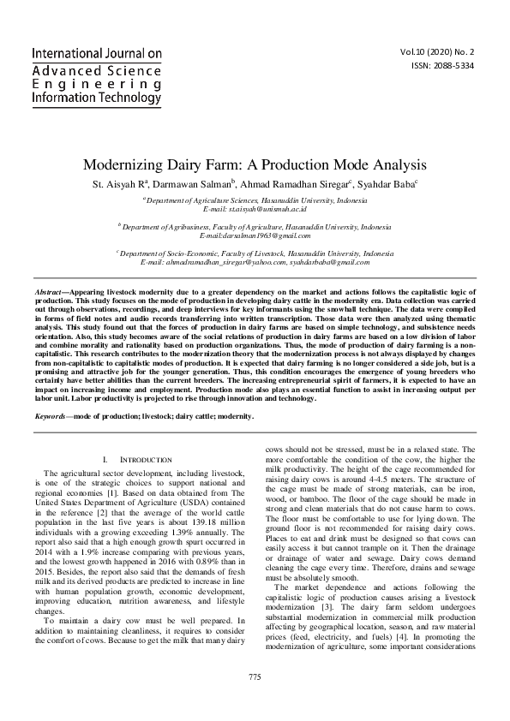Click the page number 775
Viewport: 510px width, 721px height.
click(255, 677)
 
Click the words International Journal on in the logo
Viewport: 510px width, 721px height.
click(96, 53)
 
